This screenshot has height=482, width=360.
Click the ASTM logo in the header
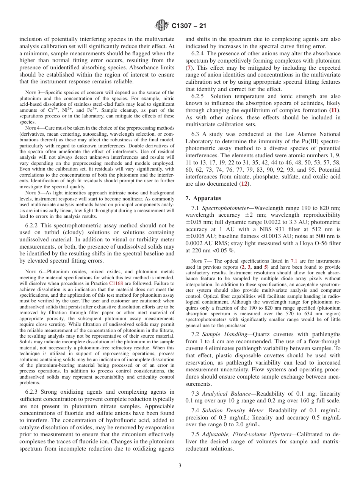point(162,26)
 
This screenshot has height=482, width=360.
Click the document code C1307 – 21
point(189,26)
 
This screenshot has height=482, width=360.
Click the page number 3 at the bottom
point(180,466)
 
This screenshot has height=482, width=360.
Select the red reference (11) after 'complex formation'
point(333,110)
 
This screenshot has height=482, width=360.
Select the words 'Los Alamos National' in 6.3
point(311,134)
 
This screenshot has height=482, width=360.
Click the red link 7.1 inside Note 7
point(294,261)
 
